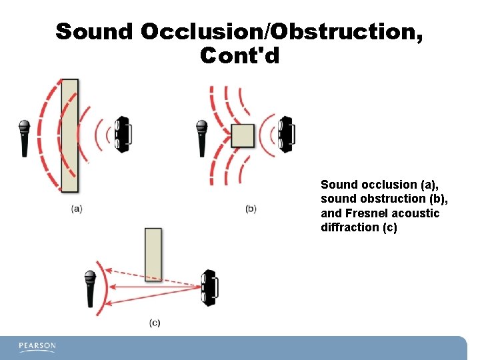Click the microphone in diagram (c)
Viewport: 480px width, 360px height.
point(90,287)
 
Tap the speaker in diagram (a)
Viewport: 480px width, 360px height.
point(122,135)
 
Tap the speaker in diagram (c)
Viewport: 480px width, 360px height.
point(209,287)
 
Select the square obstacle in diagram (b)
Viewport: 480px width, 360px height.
point(243,135)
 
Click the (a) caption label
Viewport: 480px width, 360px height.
point(77,209)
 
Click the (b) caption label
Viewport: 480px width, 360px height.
point(251,209)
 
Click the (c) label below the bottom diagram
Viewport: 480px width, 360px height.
point(155,323)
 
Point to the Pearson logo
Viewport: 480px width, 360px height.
point(37,347)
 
